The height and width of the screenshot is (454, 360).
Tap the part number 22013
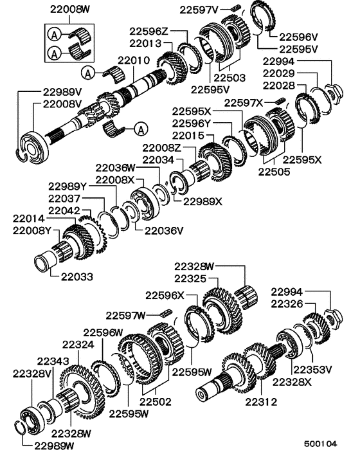146,44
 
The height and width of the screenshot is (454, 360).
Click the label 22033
77,277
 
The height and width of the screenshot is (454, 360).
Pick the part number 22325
191,278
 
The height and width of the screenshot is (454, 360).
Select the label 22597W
127,315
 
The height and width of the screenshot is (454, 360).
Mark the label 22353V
312,369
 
